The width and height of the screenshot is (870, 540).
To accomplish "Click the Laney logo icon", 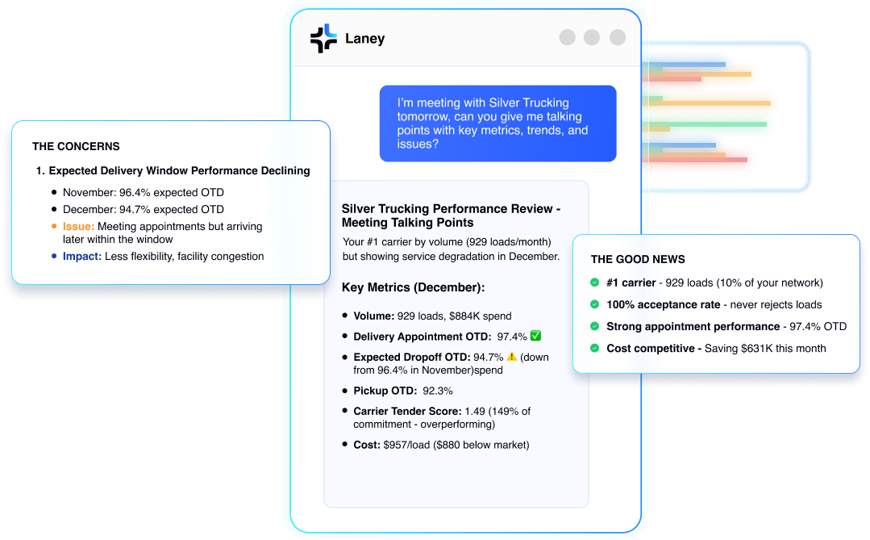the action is point(323,38).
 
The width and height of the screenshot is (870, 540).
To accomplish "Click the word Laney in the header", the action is point(364,38).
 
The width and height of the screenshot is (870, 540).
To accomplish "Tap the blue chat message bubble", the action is point(497,123).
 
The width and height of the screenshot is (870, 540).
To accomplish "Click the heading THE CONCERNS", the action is point(76,147).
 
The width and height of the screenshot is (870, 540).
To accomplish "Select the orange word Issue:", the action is point(78,227).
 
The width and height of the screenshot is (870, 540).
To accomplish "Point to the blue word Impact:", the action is point(81,257).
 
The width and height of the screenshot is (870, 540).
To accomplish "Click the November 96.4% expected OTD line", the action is point(143,193).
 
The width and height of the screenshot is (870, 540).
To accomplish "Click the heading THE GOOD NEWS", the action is point(638,259).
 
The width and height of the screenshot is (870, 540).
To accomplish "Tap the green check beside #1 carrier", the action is point(595,283).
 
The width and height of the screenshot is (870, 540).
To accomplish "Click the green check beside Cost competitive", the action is point(595,348).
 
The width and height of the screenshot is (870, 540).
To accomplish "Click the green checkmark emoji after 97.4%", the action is point(535,336).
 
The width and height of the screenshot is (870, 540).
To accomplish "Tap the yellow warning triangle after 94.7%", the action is point(511,357).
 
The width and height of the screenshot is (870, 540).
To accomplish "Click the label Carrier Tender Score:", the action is point(407,412).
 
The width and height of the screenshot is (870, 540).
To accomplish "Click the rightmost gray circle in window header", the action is point(618,37).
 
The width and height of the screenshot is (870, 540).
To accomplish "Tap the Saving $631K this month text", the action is point(765,348).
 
